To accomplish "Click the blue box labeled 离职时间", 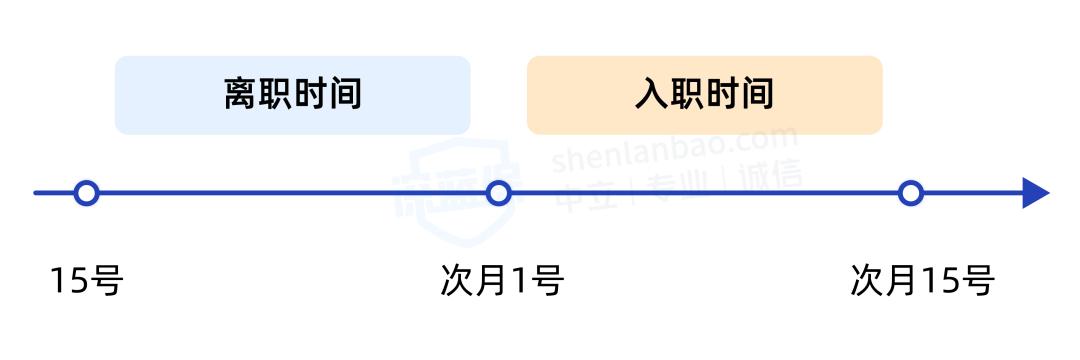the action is coord(292,95).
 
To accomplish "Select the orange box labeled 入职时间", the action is coord(704,95).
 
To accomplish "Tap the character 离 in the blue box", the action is coord(240,95).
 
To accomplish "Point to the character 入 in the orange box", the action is coord(651,95).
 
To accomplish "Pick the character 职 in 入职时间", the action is coord(687,95).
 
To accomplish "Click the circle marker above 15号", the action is coord(87,193).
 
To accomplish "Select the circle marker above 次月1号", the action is coord(498,193).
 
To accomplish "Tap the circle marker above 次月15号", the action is coord(910,193).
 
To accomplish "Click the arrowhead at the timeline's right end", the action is coord(1034,193).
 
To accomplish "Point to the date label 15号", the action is coord(86,281).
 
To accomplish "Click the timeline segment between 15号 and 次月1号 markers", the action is coord(290,193).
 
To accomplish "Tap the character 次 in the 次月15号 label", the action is coord(867,281).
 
